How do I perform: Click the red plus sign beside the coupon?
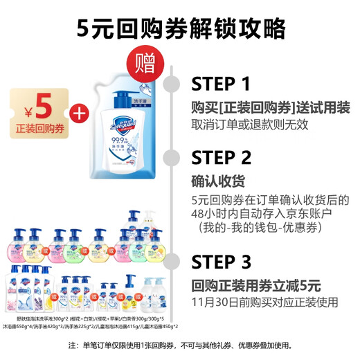coord(80,112)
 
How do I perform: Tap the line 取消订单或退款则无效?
coord(249,125)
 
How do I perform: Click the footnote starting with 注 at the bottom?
coord(180,345)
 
